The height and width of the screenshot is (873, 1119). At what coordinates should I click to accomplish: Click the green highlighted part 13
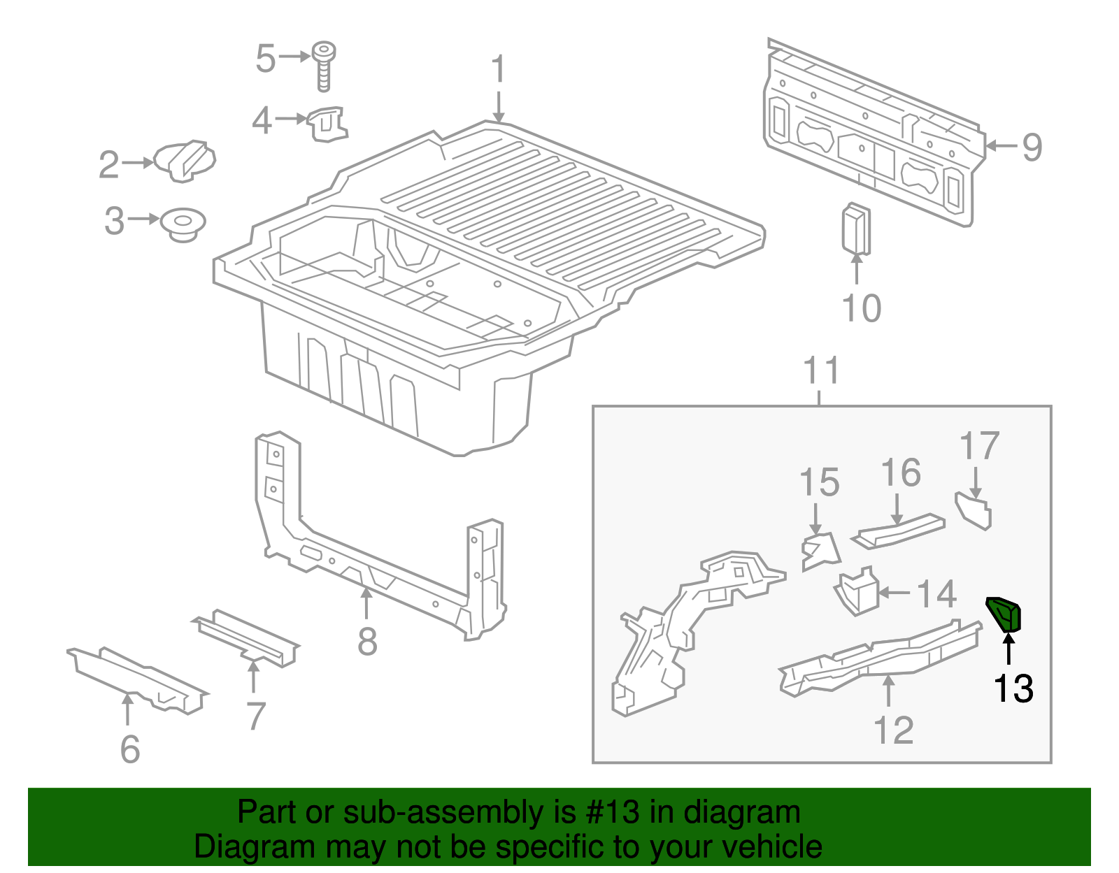[x=1005, y=614]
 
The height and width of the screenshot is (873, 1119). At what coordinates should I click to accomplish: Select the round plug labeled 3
[x=183, y=224]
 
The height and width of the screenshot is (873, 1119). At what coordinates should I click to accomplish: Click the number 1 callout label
[x=498, y=70]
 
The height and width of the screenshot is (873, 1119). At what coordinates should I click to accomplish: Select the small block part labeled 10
[x=856, y=229]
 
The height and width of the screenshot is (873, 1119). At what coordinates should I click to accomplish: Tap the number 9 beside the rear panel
[x=1032, y=147]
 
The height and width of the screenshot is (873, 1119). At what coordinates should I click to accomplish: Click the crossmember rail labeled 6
[x=136, y=677]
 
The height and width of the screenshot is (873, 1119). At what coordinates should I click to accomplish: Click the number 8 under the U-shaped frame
[x=367, y=641]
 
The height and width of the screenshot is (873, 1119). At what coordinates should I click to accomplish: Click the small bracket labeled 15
[x=820, y=550]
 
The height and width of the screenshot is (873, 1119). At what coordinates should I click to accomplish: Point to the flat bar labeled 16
[x=899, y=533]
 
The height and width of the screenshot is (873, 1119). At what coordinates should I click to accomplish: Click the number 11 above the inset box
[x=821, y=370]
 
